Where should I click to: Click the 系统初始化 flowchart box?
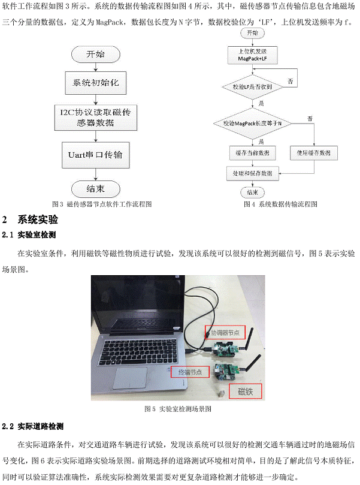pos(96,82)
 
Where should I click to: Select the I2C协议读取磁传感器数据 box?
pos(96,117)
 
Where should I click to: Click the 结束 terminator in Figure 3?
pos(96,188)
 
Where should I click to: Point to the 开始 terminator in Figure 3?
pos(96,54)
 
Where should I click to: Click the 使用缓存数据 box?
pos(313,153)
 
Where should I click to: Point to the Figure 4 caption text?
pos(280,204)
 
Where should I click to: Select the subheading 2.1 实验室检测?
pos(30,234)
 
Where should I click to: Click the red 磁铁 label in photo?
pos(246,393)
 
